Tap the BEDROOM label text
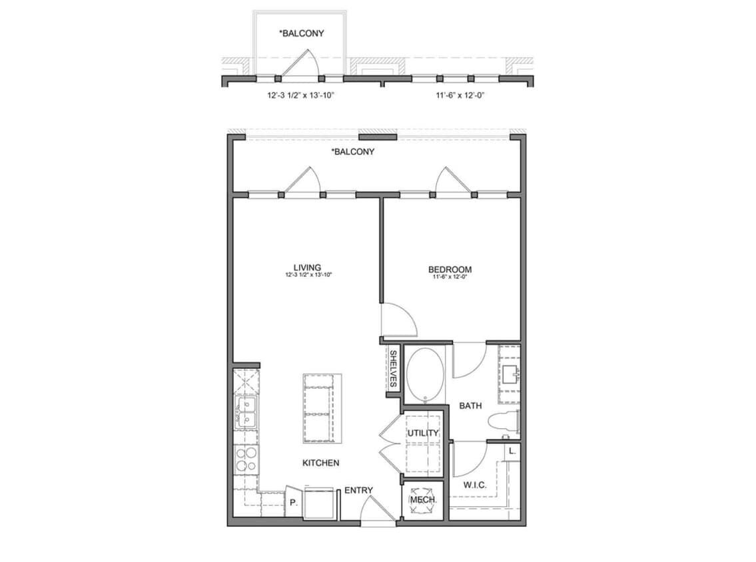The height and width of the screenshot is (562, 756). point(450,270)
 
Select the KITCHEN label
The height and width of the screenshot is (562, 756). point(321,463)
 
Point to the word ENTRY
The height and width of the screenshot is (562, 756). point(358,491)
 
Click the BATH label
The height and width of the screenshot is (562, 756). point(470,405)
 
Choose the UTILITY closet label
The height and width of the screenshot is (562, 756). point(423,433)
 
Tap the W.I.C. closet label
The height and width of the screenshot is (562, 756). point(475,485)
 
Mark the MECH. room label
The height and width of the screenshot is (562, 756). point(423,500)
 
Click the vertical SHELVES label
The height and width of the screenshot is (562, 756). point(393,370)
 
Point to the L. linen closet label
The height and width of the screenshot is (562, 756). point(512,451)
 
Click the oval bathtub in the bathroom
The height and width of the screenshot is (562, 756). point(424,375)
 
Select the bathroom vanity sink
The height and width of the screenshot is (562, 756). point(510,374)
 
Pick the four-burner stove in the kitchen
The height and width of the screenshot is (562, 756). point(246,458)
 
